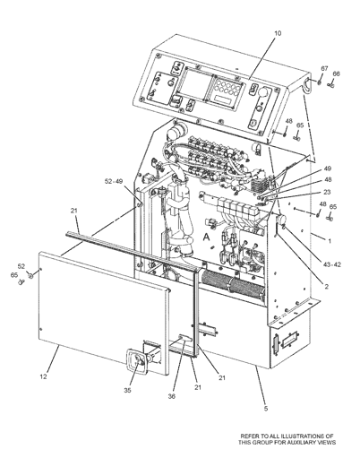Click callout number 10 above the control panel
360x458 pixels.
click(277, 32)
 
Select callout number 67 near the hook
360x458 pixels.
click(324, 69)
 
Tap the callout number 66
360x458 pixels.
click(336, 74)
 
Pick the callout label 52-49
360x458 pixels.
click(114, 182)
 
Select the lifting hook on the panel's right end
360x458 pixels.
click(310, 85)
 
